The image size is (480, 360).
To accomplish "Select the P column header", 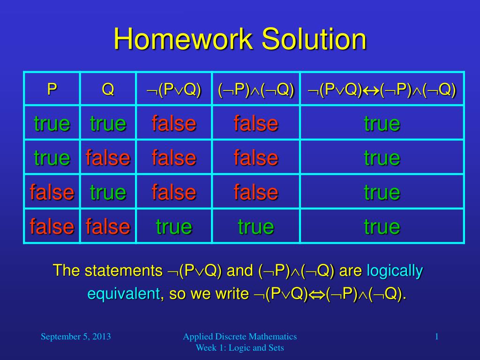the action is click(52, 89).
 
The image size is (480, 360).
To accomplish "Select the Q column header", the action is click(108, 89).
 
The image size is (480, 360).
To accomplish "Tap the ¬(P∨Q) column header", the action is click(173, 90).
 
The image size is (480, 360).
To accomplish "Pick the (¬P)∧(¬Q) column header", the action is click(256, 90).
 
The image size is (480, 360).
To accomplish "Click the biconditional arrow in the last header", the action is click(371, 90).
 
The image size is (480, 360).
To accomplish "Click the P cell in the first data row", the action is click(52, 123).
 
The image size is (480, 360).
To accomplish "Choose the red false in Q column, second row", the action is click(108, 157).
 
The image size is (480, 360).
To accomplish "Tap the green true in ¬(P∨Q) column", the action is click(174, 226).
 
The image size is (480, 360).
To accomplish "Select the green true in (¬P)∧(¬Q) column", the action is click(256, 226).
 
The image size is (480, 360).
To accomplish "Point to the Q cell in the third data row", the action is click(108, 192).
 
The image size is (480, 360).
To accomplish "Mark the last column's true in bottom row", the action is click(382, 226).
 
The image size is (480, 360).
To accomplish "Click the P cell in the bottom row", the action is click(52, 226).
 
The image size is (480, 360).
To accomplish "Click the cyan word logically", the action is click(395, 270).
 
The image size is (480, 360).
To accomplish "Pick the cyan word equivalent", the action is click(124, 294).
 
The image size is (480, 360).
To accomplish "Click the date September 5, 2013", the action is click(75, 337).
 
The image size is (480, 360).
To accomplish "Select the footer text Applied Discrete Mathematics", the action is click(240, 337).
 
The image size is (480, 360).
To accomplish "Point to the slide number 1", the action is click(437, 337).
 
